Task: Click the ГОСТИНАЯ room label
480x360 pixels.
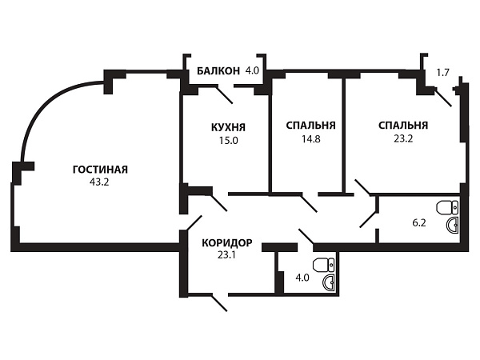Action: pos(100,170)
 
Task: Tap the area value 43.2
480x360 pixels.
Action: pos(99,182)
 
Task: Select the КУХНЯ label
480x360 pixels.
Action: pos(228,127)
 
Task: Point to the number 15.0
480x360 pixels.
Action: pos(228,141)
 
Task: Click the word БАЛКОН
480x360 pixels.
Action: pos(218,71)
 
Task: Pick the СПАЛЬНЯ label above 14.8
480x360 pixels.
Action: pos(310,126)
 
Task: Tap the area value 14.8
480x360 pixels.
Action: pos(310,138)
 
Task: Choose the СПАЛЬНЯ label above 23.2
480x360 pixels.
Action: pos(403,126)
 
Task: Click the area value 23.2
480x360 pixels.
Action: pos(403,138)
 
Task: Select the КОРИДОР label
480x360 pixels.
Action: pos(227,242)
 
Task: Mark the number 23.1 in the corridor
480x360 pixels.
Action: pos(226,254)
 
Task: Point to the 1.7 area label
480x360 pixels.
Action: pos(442,73)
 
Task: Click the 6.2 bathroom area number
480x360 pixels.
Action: pos(419,222)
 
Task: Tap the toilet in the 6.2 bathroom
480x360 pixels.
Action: pos(447,207)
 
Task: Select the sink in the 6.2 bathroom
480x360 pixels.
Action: pos(453,226)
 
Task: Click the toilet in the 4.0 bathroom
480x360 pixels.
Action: pos(323,265)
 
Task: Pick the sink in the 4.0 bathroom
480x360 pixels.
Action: pos(329,282)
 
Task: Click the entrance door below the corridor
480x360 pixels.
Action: pos(219,303)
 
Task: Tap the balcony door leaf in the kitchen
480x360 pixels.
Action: pos(224,95)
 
